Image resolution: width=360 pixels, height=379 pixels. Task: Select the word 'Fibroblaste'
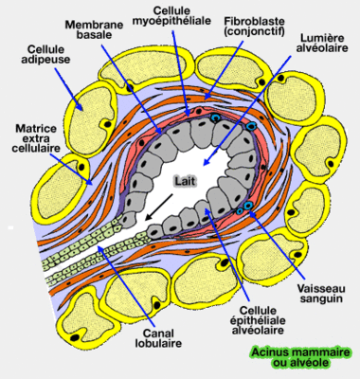point(235,20)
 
